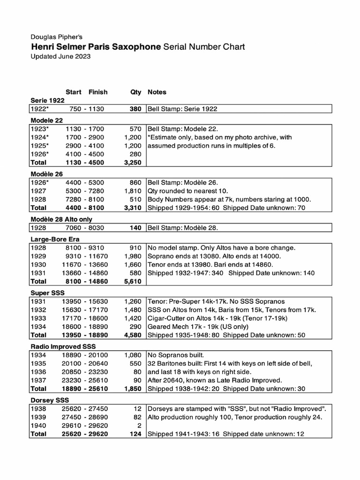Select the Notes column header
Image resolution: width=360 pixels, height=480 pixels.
(157, 92)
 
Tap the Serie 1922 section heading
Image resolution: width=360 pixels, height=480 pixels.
(47, 100)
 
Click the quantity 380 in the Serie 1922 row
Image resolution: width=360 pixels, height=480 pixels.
(135, 109)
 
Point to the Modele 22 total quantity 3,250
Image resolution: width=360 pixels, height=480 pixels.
(133, 162)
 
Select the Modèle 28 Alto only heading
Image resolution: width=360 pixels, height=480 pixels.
(61, 219)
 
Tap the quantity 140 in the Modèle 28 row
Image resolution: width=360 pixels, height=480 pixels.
(135, 228)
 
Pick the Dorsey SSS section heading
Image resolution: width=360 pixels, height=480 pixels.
(47, 400)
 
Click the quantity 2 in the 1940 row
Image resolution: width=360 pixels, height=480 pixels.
(139, 425)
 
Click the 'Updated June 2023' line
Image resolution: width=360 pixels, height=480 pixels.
(60, 56)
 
